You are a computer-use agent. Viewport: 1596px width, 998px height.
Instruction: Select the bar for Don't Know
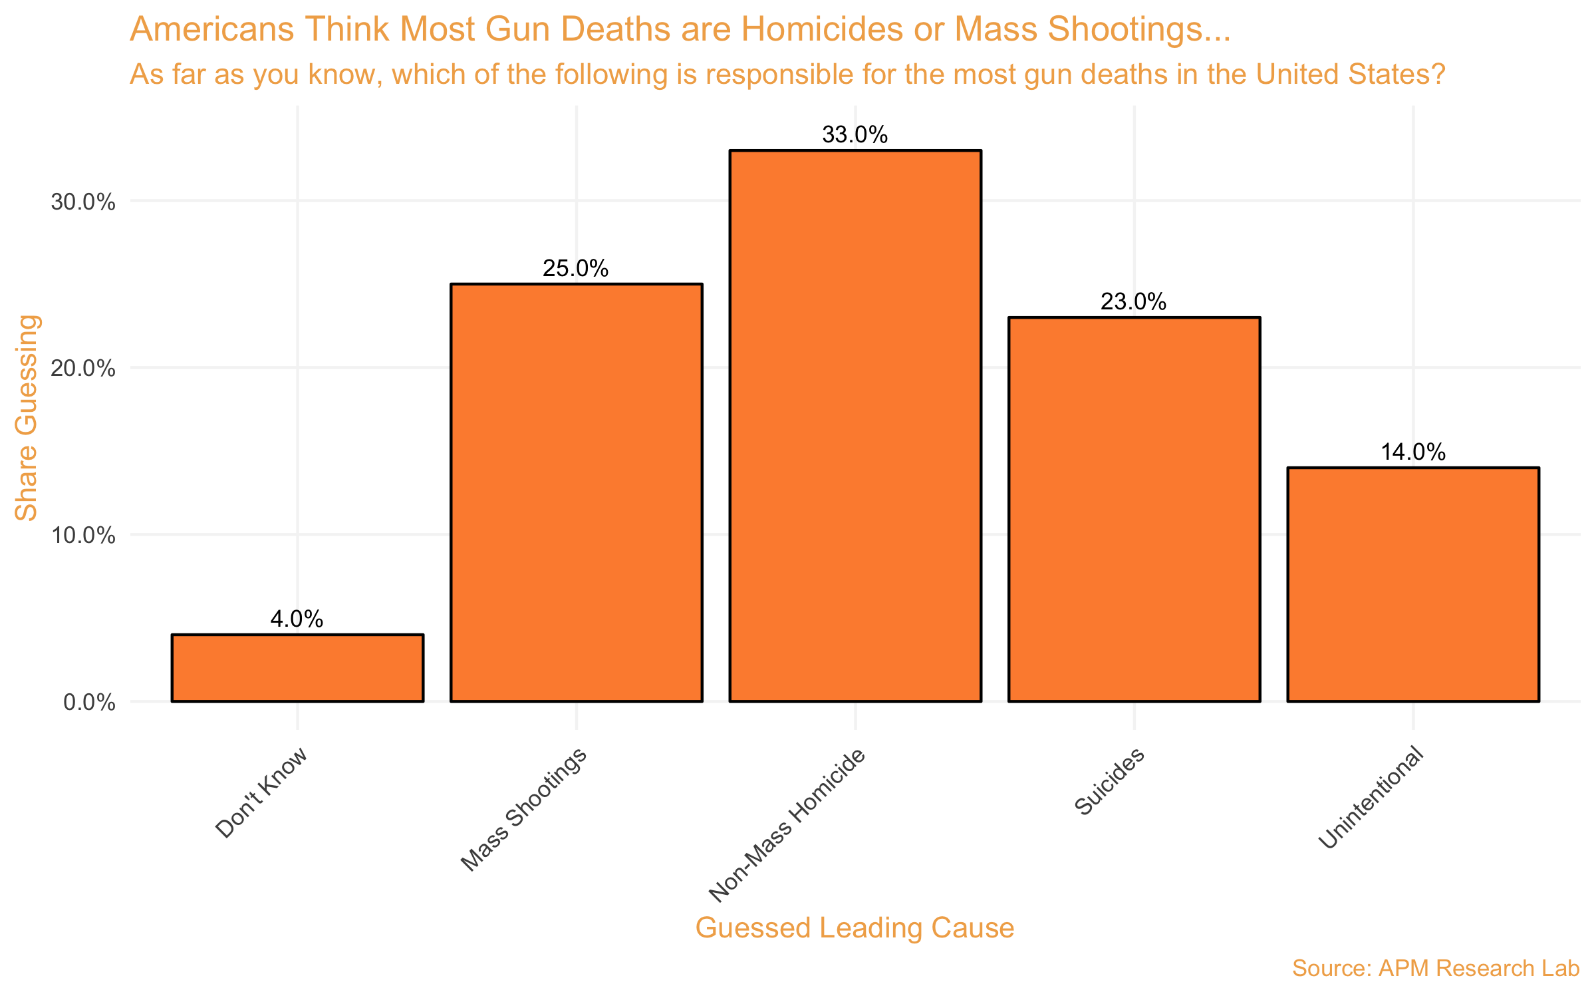coord(297,668)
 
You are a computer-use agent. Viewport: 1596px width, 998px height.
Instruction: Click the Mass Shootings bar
coord(576,492)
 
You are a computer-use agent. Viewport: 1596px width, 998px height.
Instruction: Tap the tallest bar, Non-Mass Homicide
coord(855,426)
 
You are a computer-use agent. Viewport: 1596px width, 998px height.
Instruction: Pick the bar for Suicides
coord(1134,509)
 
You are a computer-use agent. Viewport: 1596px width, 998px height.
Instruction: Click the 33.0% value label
coord(855,135)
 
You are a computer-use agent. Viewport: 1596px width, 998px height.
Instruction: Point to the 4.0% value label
coord(297,619)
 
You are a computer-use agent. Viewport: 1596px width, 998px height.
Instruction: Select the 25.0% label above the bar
coord(576,269)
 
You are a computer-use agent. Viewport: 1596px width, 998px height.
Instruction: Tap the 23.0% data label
coord(1134,302)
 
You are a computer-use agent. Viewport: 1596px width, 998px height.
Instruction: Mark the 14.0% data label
coord(1413,452)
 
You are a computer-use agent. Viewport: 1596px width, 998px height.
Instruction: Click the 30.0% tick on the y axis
coord(83,202)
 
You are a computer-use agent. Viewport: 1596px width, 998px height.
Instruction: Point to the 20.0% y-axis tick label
coord(83,369)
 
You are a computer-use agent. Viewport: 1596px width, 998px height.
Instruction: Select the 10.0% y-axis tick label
coord(83,536)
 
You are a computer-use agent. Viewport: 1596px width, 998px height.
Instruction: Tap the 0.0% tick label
coord(90,703)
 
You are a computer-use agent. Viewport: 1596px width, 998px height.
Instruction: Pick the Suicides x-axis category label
coord(1109,781)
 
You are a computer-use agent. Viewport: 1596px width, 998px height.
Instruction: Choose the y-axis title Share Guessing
coord(27,418)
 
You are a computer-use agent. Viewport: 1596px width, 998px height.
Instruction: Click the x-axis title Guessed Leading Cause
coord(855,928)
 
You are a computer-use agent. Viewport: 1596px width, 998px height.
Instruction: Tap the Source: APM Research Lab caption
coord(1435,968)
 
